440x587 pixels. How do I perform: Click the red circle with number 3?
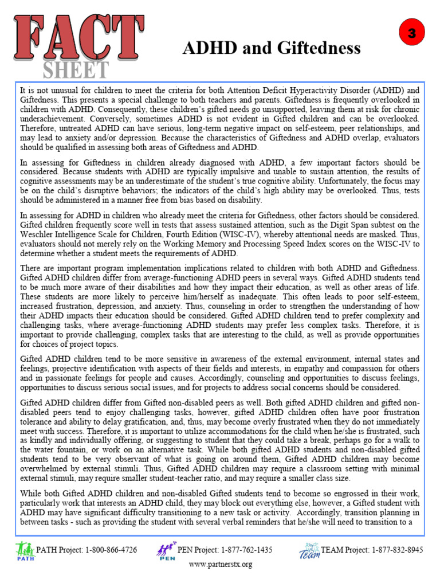pyautogui.click(x=410, y=34)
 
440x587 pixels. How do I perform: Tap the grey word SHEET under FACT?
pyautogui.click(x=76, y=69)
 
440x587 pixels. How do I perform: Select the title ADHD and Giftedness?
pyautogui.click(x=271, y=48)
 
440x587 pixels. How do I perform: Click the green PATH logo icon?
pyautogui.click(x=25, y=551)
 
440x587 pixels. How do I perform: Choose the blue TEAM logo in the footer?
pyautogui.click(x=309, y=551)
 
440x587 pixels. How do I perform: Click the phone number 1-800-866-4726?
pyautogui.click(x=111, y=550)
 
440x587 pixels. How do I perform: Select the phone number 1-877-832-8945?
pyautogui.click(x=396, y=550)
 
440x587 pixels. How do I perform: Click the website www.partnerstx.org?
pyautogui.click(x=220, y=565)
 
